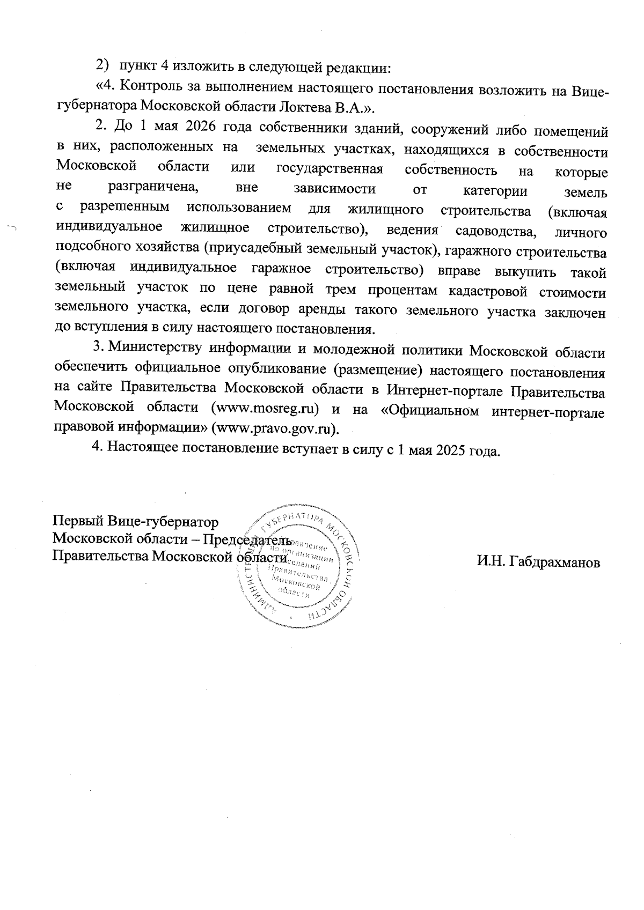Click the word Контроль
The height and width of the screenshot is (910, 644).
[x=151, y=88]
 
